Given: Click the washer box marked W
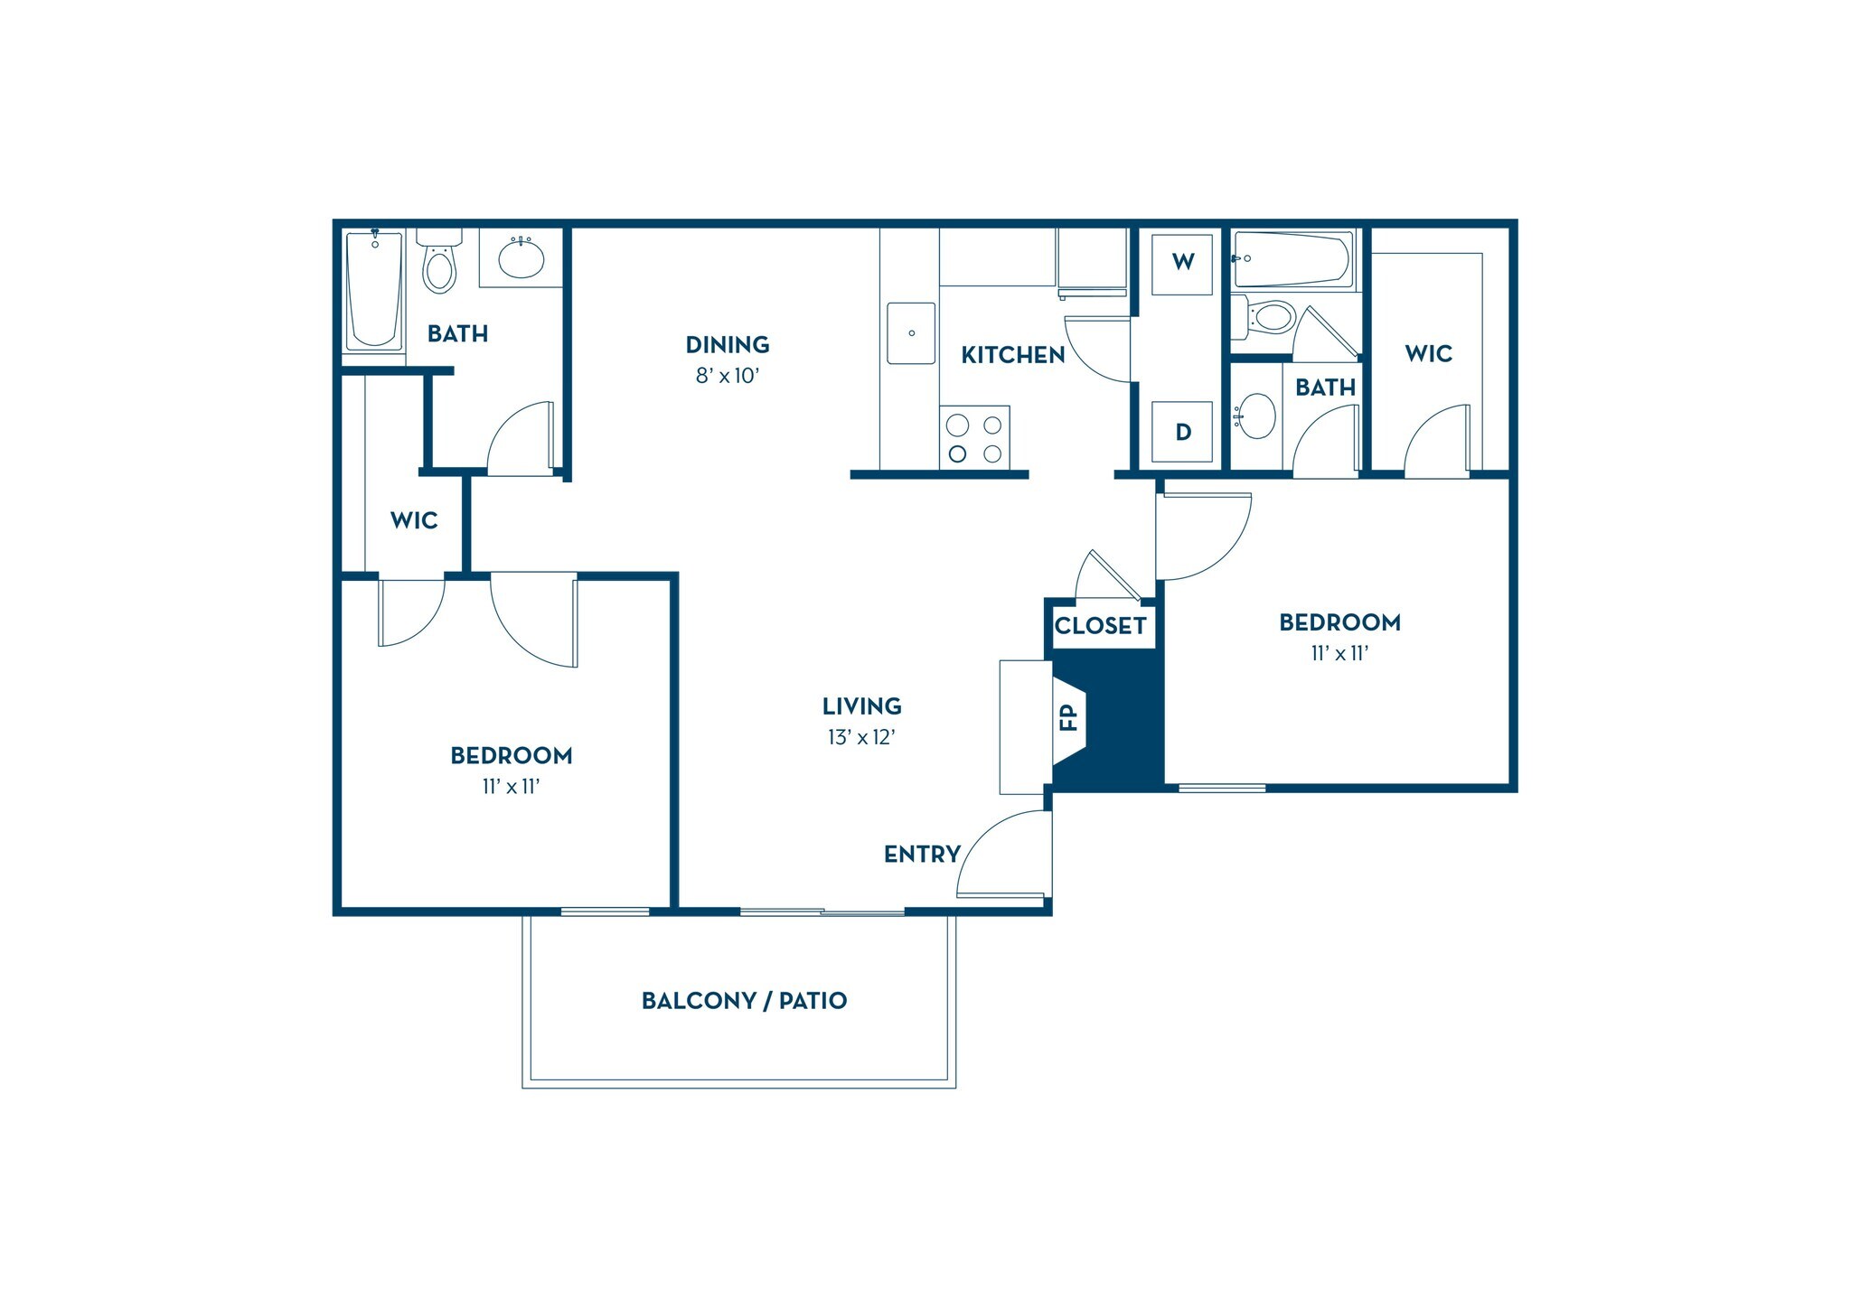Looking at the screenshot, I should [x=1182, y=263].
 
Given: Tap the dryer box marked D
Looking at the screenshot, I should [x=1182, y=432].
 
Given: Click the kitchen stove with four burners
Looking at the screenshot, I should [x=973, y=438].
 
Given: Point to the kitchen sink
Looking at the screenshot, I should [x=911, y=333].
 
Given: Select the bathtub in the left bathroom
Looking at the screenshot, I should [x=374, y=289].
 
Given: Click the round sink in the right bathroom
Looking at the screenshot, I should [x=1256, y=416].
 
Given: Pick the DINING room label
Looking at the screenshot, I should [x=728, y=345].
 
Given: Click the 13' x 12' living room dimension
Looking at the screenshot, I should [x=861, y=738].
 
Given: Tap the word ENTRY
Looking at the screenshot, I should [x=921, y=855].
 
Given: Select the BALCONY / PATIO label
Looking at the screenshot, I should [x=744, y=1001].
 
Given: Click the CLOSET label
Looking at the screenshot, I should [x=1100, y=626].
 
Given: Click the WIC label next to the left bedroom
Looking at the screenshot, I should [x=414, y=520].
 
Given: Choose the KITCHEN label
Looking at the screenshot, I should [x=1012, y=356].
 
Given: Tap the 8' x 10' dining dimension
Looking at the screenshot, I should [x=728, y=376].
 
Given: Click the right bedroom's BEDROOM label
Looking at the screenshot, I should [x=1339, y=622].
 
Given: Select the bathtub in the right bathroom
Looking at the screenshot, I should [x=1292, y=258].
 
